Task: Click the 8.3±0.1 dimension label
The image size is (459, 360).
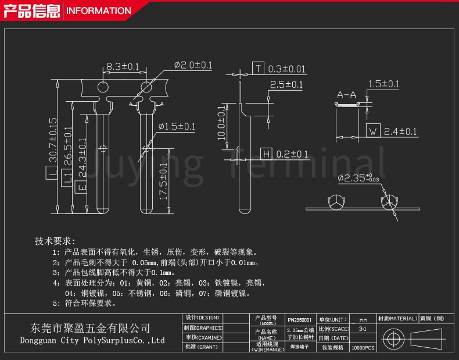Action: point(123,67)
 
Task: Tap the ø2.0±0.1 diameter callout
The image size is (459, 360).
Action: point(193,65)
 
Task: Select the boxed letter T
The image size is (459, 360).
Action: point(258,69)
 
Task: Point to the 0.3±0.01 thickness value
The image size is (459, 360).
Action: point(286,69)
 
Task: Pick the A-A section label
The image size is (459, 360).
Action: point(346,94)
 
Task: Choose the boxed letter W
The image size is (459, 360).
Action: point(372,131)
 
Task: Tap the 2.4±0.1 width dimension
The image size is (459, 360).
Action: point(400,131)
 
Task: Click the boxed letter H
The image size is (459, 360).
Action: point(266,154)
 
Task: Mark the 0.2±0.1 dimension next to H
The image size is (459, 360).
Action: point(292,154)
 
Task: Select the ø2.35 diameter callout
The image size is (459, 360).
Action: point(358,178)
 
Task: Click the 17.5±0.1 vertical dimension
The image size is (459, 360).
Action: point(163,182)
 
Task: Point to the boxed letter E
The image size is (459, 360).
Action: point(82,187)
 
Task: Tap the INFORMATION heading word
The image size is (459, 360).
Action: point(99,10)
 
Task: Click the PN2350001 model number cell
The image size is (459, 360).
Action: point(300,320)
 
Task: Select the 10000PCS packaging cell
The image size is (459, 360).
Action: point(363,348)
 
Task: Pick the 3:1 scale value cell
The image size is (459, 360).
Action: point(363,329)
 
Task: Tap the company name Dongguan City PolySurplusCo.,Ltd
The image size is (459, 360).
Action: point(92,340)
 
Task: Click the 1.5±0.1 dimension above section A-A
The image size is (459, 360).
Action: point(383,84)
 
